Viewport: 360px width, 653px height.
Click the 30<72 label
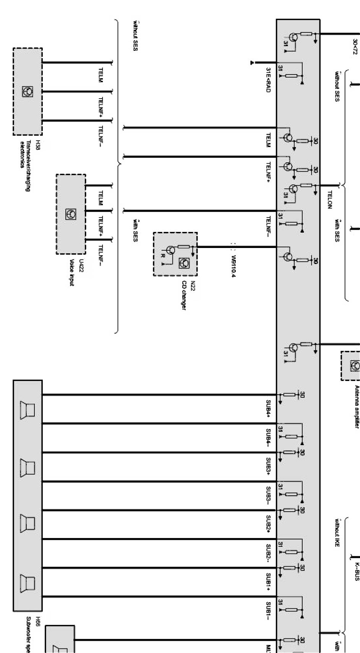(x=355, y=47)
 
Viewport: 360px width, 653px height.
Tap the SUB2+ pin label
(x=268, y=524)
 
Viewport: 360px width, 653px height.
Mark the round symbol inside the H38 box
(x=28, y=91)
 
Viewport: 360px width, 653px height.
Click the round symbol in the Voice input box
(x=71, y=214)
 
